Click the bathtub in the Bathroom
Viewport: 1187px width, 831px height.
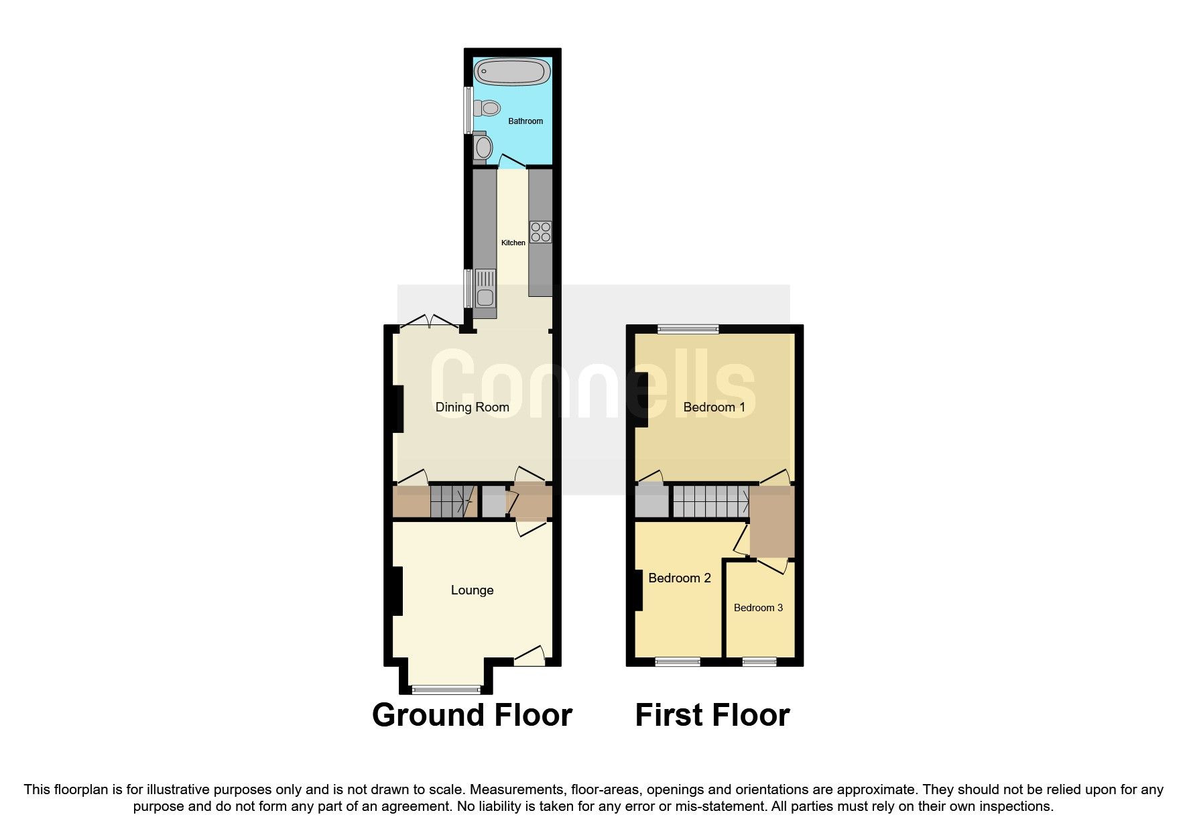tap(512, 72)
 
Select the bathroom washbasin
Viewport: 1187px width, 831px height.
tap(483, 147)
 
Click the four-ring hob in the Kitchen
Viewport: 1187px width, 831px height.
tap(540, 232)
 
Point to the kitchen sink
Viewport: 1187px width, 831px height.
tap(485, 293)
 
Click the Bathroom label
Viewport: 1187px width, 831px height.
tap(525, 121)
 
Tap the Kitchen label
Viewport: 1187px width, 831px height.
tap(513, 243)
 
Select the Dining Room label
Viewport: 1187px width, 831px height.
tap(472, 407)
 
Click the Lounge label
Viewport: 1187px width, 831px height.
tap(472, 590)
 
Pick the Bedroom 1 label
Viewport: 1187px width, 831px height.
tap(714, 407)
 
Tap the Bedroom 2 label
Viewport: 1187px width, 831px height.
tap(680, 578)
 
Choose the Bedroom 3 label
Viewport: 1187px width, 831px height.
tap(758, 608)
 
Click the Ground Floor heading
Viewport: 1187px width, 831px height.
tap(472, 715)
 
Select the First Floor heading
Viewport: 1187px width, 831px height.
tap(712, 715)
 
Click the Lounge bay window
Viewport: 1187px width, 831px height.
tap(446, 688)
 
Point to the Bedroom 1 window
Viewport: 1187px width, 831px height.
tap(688, 328)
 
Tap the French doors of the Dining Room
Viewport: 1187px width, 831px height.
tap(430, 323)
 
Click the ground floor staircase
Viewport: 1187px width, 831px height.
tap(452, 502)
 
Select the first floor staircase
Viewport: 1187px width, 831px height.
tap(710, 502)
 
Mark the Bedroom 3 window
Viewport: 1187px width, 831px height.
tap(759, 662)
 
